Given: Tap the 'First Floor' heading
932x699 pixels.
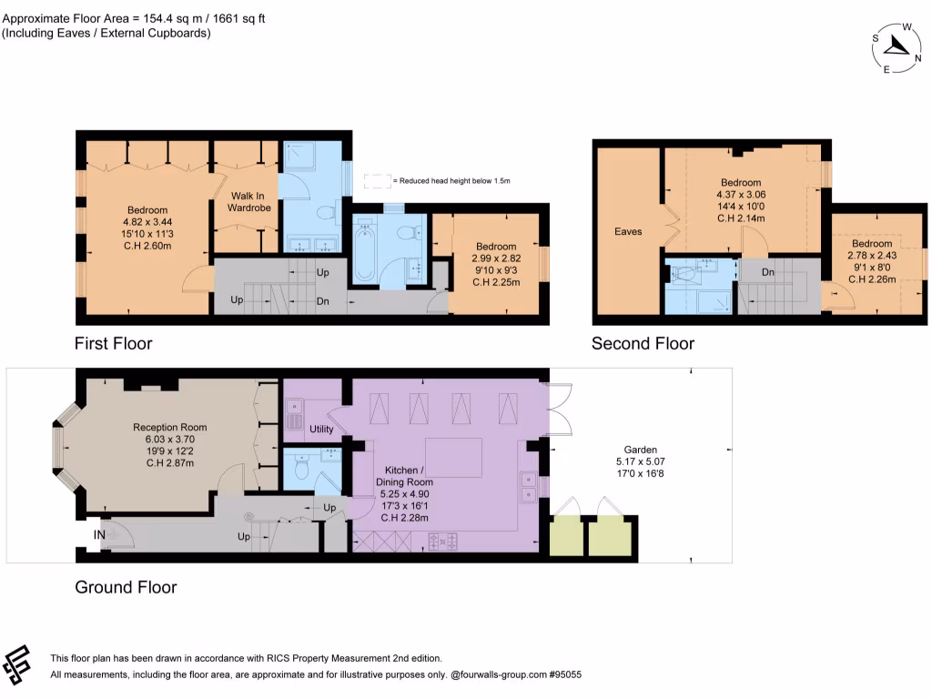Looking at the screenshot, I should coord(113,343).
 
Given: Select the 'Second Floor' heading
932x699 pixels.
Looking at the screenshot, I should coord(643,343).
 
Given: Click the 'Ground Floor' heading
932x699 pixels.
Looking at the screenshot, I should coord(126,587).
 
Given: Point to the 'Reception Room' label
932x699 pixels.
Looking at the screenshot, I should coord(169,427).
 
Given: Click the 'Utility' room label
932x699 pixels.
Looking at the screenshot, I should coord(321,430).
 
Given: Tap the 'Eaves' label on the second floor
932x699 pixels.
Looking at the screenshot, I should coord(628,231).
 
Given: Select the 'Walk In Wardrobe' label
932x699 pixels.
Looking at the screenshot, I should coord(243,201).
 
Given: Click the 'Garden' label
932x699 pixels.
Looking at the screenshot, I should coord(640,450).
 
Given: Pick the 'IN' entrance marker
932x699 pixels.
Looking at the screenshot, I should coord(98,535).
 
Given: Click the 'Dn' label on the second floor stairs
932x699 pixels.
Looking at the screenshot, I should coord(767,271).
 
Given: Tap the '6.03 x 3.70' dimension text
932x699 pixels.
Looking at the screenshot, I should coord(169,439).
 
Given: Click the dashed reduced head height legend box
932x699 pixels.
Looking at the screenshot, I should coord(376,180).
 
